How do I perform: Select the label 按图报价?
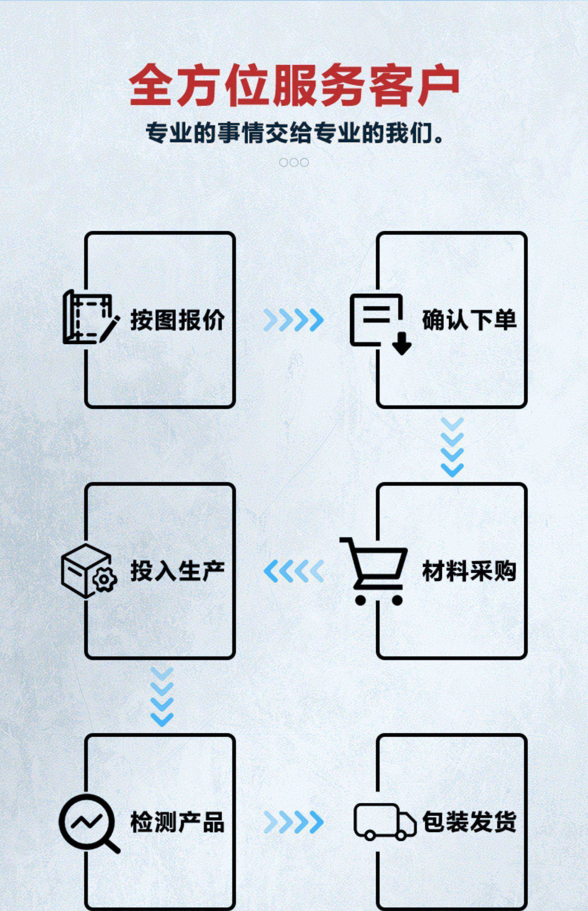[x=178, y=320]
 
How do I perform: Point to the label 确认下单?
[x=469, y=320]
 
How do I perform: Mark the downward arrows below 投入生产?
[x=162, y=697]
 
